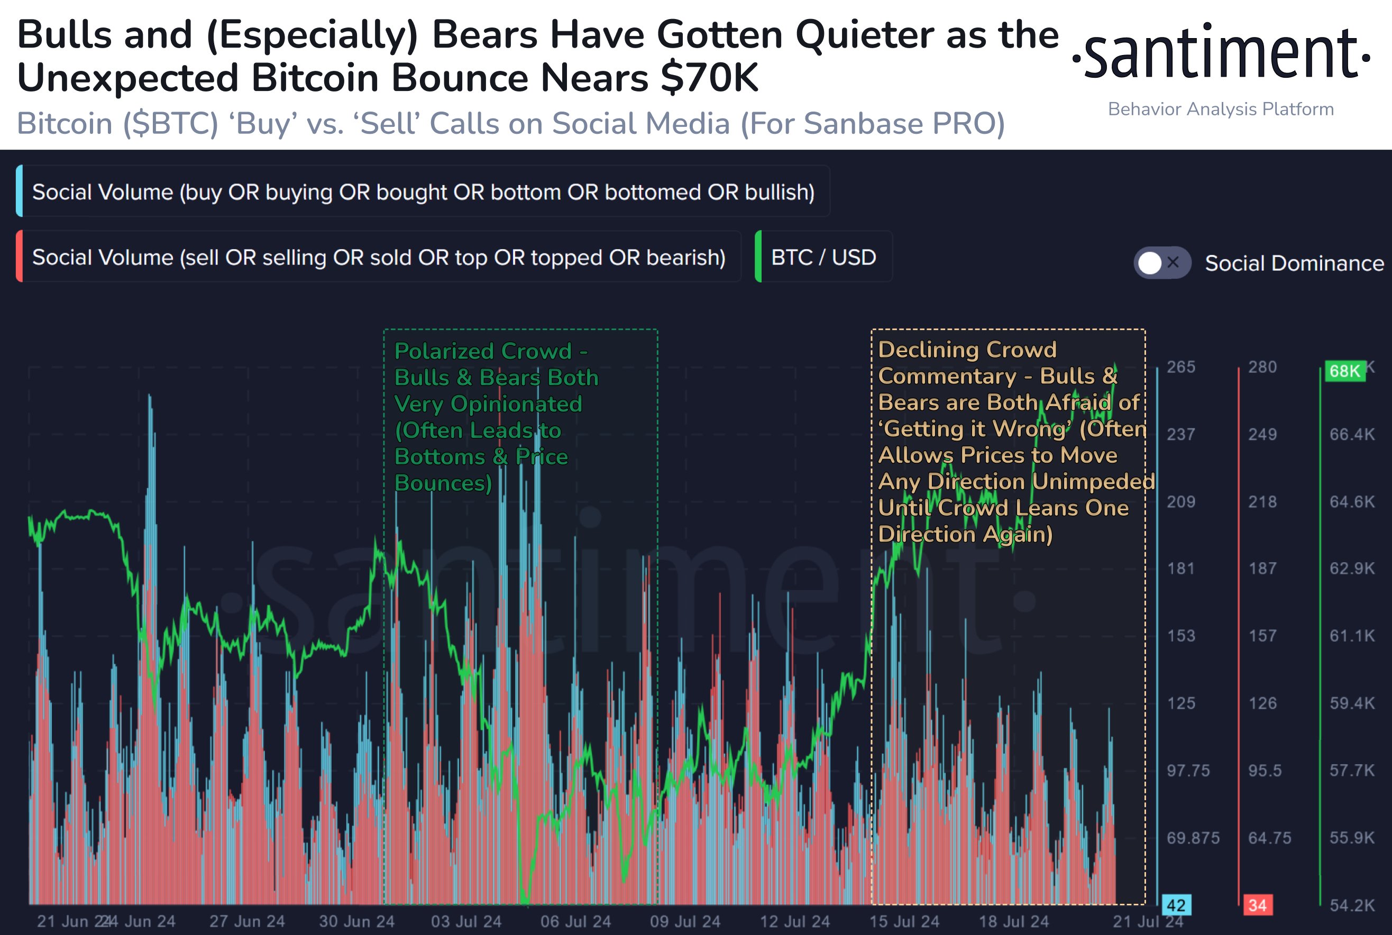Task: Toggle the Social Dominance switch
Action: tap(1162, 262)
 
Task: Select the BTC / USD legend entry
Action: tap(823, 257)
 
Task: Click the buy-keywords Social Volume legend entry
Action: tap(423, 192)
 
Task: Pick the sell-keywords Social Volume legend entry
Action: tap(378, 257)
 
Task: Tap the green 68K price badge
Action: tap(1345, 371)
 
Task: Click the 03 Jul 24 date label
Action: tap(466, 921)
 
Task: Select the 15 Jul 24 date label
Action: tap(904, 921)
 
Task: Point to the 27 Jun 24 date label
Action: tap(247, 921)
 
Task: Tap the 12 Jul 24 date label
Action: tap(795, 921)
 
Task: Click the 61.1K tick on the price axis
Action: tap(1352, 636)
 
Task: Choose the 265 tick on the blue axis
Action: tap(1181, 366)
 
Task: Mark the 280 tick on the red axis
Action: tap(1262, 366)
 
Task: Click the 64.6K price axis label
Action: tap(1352, 501)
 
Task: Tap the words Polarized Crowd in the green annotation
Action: tap(483, 351)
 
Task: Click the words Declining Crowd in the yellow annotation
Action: tap(967, 350)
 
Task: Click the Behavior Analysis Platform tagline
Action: tap(1221, 109)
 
